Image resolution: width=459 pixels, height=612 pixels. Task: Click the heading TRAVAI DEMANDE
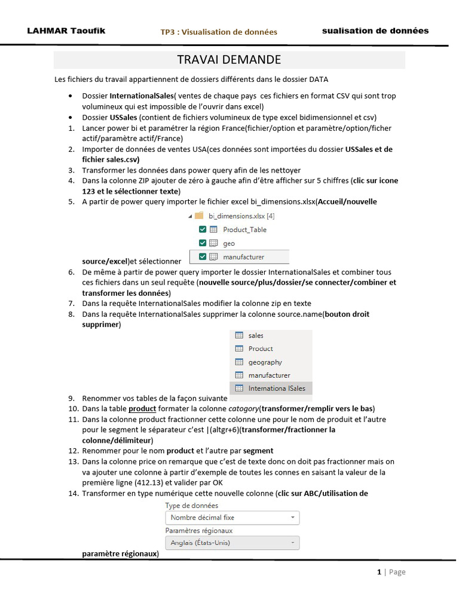[229, 60]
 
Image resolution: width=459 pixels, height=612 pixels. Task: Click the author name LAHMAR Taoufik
[66, 30]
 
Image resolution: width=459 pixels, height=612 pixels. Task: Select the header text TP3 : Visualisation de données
[219, 32]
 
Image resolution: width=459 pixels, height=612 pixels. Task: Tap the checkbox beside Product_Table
[202, 229]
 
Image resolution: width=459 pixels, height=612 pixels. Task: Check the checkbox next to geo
[202, 243]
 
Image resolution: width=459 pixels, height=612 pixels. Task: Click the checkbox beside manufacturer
[202, 257]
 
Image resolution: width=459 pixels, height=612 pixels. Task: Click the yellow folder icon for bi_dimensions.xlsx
[199, 216]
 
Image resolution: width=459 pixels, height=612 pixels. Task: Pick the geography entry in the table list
[265, 362]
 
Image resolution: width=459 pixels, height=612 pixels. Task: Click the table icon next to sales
[239, 336]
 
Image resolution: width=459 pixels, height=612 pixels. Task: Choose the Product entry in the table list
[261, 349]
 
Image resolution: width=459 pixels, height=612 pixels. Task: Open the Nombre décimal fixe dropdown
[232, 518]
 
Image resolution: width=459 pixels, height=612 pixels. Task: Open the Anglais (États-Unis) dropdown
[232, 543]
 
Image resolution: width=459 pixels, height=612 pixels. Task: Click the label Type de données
[192, 506]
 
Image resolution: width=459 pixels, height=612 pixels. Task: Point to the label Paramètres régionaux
[199, 530]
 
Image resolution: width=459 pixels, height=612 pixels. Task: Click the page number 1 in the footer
[379, 572]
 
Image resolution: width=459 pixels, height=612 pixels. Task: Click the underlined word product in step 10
[142, 409]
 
